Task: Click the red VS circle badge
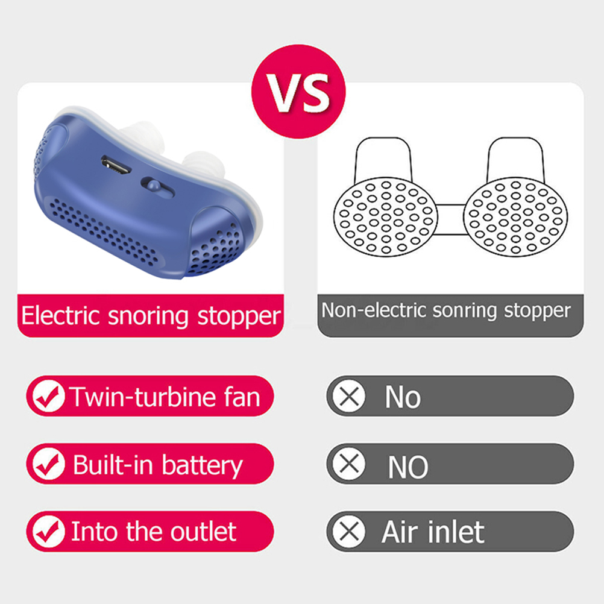298,92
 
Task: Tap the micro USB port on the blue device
116,165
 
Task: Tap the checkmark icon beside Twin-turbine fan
48,396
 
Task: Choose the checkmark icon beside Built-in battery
48,464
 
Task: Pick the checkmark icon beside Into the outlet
48,532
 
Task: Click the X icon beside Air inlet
349,532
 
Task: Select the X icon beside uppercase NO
349,464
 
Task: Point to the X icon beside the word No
349,396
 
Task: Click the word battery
202,465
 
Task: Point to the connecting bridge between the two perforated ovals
450,219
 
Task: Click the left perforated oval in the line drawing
386,217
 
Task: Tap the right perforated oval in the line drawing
515,217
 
